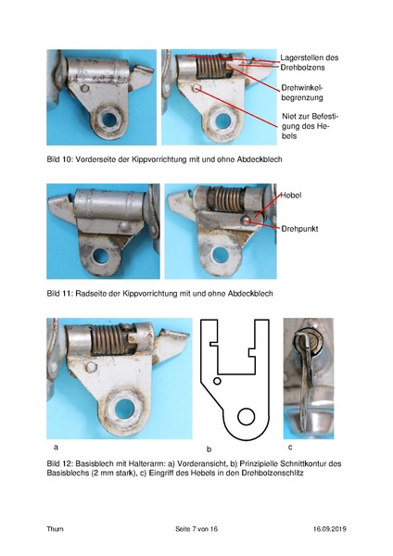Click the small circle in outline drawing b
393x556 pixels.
click(216, 381)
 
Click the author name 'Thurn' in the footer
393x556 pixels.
click(56, 528)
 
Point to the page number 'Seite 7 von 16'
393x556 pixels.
click(196, 528)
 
